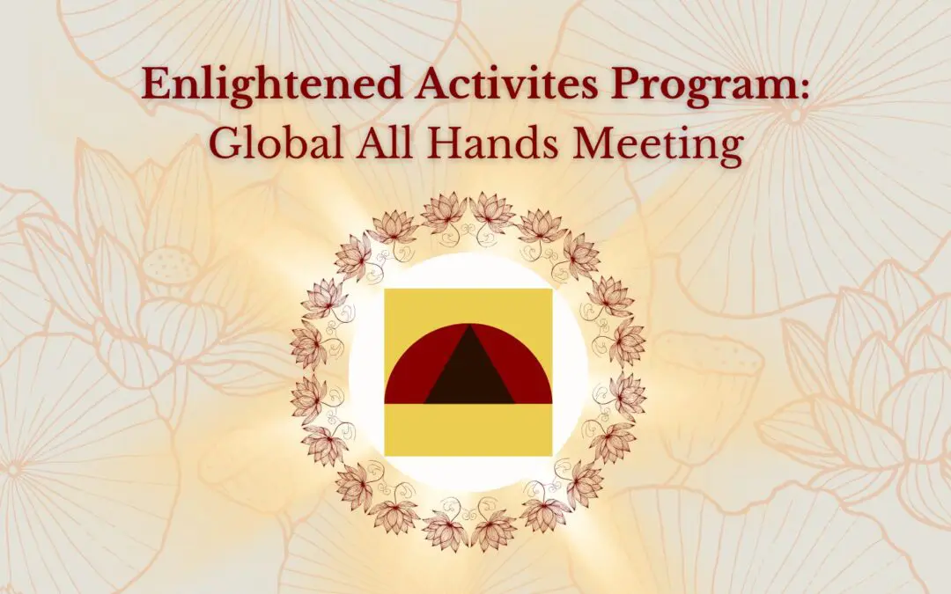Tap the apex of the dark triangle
pos(468,328)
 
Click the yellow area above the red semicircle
pos(468,304)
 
